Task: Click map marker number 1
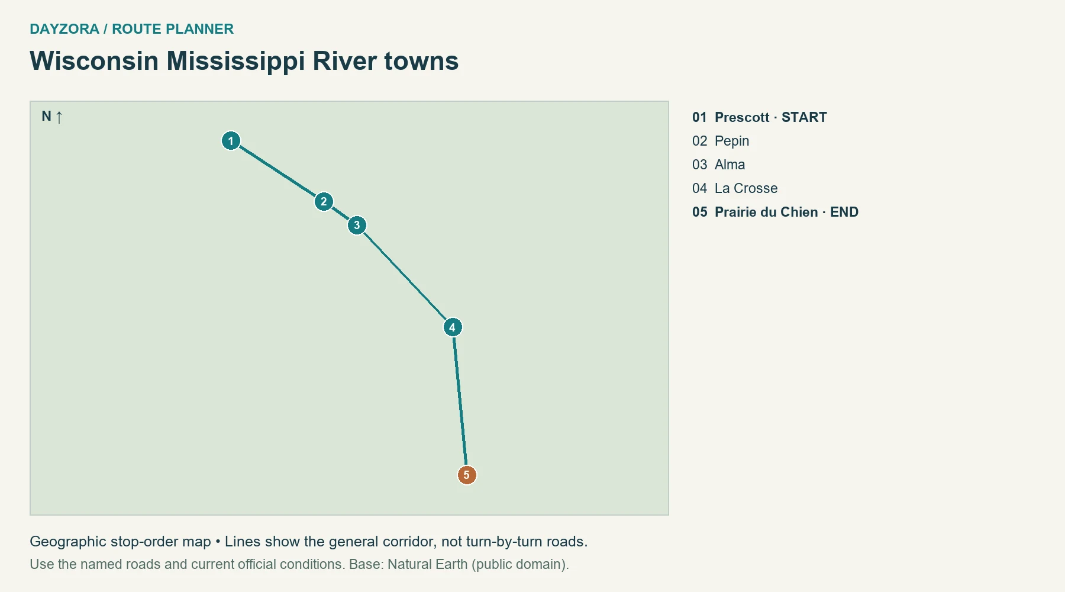tap(231, 141)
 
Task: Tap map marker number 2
tap(324, 202)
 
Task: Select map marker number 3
tap(357, 225)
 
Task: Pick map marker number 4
tap(453, 327)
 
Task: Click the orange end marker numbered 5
tap(467, 475)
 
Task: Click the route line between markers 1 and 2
tap(277, 171)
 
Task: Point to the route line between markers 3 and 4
tap(405, 276)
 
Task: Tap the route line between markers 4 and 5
tap(460, 401)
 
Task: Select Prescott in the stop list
tap(742, 117)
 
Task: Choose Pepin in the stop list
tap(732, 141)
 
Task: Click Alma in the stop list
tap(730, 165)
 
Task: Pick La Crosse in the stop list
tap(746, 188)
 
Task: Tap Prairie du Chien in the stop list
tap(766, 212)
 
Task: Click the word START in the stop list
tap(804, 117)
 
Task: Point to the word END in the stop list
tap(844, 212)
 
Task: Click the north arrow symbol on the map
tap(59, 117)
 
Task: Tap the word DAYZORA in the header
tap(64, 29)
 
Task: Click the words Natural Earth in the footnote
tap(428, 564)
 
